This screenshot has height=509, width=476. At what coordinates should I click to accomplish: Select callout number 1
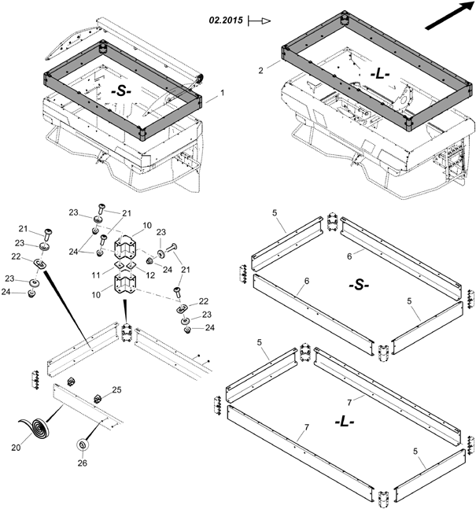[x=223, y=93]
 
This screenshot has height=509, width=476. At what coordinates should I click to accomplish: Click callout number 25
[x=116, y=390]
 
